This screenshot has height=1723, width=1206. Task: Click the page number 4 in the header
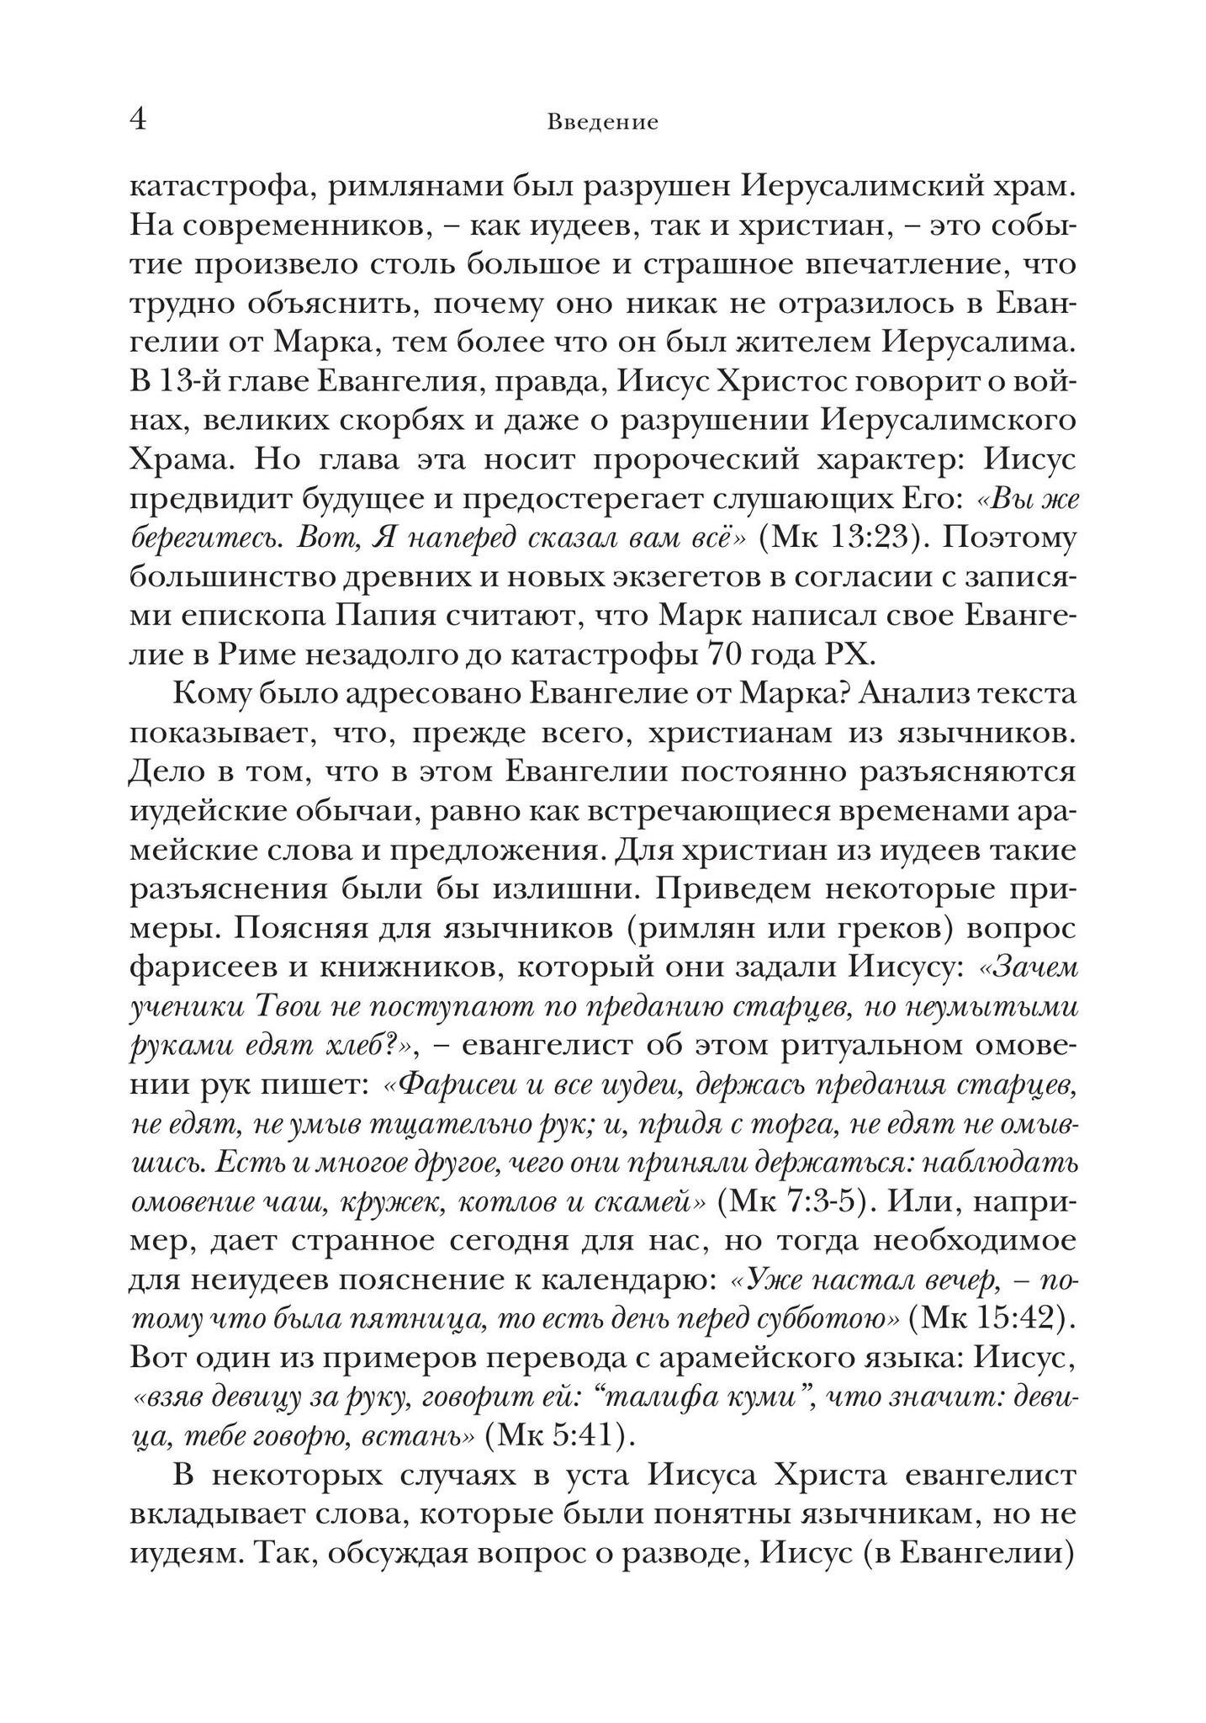[x=139, y=120]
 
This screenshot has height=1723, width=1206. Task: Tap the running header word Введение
[x=602, y=123]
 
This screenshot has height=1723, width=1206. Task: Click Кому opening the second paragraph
[x=211, y=694]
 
